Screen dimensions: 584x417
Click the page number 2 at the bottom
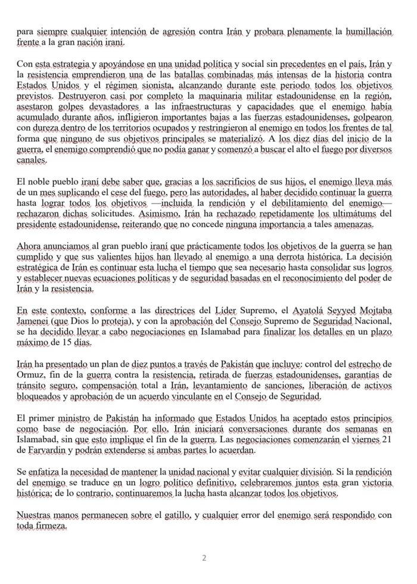pyautogui.click(x=204, y=558)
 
